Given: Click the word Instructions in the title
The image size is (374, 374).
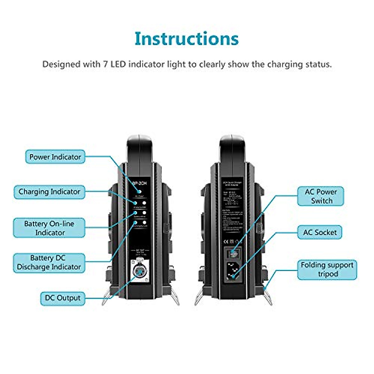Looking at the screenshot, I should point(186,39).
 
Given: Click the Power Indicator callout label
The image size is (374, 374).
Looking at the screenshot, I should point(55,157).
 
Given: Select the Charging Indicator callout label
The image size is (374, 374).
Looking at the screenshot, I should point(49,192).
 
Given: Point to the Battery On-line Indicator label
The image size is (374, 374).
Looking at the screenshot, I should point(49,228).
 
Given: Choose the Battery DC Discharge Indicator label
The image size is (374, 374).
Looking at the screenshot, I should point(49,262).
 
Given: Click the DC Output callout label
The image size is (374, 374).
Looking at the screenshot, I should point(63,298).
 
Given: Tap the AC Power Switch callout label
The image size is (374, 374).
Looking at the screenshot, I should point(321,196).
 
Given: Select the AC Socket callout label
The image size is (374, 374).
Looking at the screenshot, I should point(320,232).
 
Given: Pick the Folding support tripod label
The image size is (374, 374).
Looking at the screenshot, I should point(327,269).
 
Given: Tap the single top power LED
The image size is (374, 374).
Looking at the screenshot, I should point(140,192).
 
